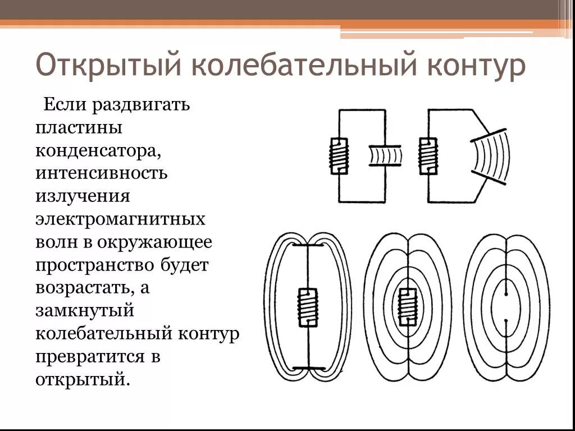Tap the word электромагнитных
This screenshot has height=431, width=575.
[120, 218]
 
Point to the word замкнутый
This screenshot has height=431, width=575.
[84, 310]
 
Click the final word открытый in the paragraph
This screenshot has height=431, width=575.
[82, 379]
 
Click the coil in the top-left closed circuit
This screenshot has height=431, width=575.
[339, 155]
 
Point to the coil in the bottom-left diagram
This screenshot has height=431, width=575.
[308, 307]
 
